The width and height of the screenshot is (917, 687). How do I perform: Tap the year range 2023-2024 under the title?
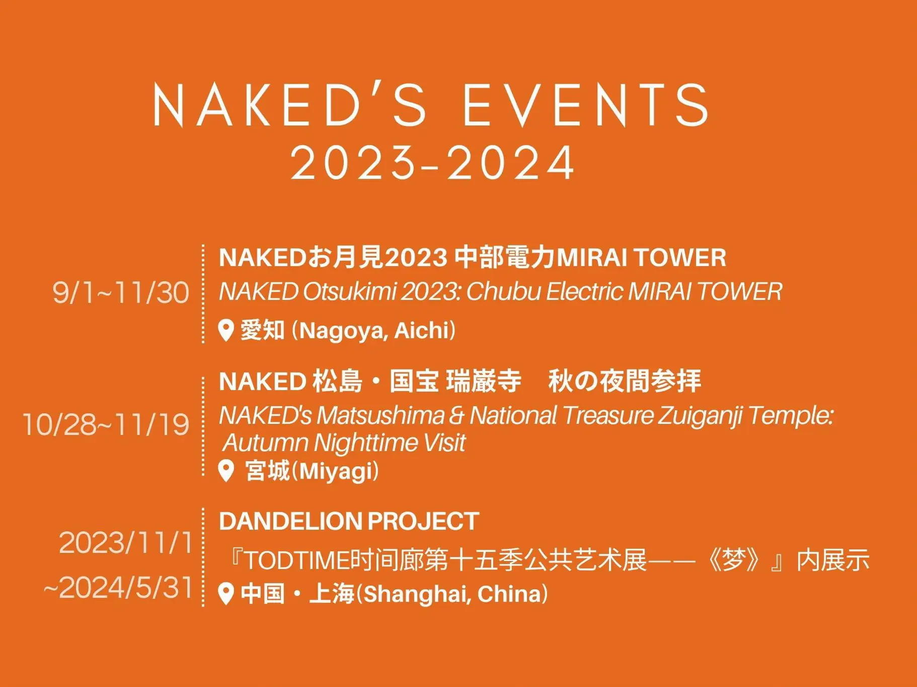pos(433,163)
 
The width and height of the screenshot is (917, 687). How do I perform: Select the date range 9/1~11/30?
pos(121,292)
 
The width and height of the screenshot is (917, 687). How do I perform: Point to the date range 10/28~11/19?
pos(106,424)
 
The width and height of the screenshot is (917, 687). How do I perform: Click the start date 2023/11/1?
pos(126,543)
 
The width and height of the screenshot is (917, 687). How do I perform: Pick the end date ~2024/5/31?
pos(119,588)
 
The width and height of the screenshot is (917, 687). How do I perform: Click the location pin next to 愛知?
pos(226,330)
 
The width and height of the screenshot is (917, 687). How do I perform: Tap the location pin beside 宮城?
pos(226,471)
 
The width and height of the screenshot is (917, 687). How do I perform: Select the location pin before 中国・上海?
pos(226,594)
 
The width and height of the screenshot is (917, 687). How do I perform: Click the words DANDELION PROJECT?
pos(349,521)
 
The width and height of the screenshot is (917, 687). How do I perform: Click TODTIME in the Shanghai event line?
pos(297,561)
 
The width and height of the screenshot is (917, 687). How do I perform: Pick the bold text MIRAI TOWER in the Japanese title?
pos(641,258)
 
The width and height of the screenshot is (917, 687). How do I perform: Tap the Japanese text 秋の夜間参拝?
pos(625,381)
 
